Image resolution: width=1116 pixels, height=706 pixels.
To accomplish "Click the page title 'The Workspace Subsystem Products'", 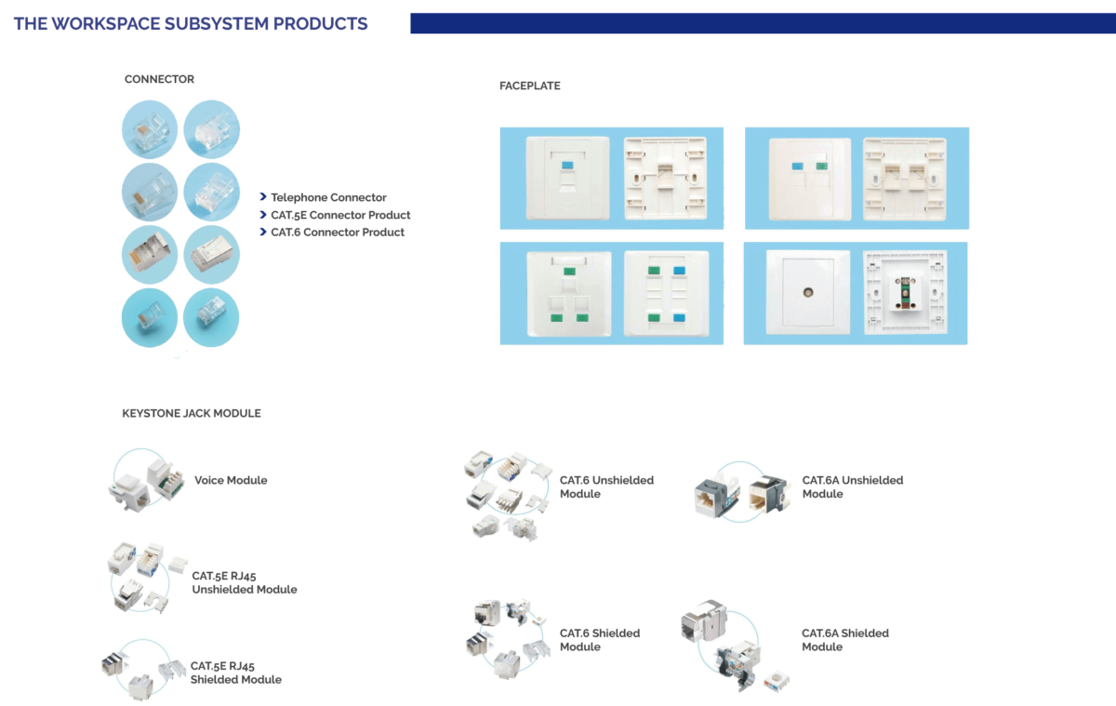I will [191, 24].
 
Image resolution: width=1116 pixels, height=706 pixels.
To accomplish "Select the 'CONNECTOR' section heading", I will [159, 79].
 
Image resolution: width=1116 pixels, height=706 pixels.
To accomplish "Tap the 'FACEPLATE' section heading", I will [529, 86].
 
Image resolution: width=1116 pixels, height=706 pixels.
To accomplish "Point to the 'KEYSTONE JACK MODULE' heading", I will [192, 413].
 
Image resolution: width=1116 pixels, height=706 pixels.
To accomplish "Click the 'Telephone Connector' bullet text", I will [328, 197].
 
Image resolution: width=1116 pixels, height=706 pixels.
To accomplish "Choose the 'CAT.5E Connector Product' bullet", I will [340, 215].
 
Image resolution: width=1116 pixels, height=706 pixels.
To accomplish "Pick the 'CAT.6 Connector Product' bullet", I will [338, 233].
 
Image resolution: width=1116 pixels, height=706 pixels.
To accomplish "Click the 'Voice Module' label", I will [231, 480].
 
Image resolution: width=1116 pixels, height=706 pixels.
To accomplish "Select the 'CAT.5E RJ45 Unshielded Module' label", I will [245, 582].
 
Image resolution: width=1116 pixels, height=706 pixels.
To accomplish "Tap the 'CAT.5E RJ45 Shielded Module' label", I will [236, 673].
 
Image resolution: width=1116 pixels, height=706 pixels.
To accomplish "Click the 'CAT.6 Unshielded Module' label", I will [606, 486].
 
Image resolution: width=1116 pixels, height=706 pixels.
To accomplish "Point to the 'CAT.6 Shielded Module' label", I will [600, 640].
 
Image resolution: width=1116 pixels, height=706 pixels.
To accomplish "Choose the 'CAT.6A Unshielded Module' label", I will [853, 486].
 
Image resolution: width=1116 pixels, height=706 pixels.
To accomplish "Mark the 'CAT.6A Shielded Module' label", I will [845, 640].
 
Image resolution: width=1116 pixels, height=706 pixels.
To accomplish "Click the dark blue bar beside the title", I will [763, 23].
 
